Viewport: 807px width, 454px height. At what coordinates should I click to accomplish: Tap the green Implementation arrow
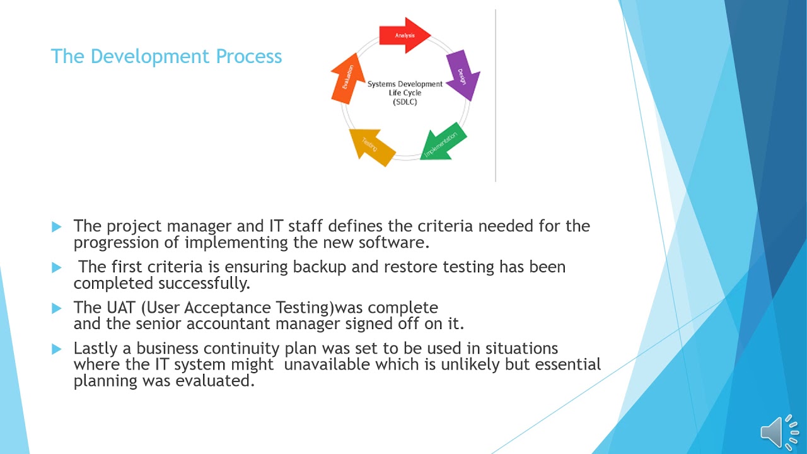pos(443,143)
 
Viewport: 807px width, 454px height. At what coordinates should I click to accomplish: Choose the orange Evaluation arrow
pos(347,79)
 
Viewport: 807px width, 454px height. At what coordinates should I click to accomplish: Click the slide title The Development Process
pos(166,56)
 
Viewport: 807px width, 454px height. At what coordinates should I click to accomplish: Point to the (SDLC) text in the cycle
pos(405,102)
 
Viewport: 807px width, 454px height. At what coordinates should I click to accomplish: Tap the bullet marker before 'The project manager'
pos(57,226)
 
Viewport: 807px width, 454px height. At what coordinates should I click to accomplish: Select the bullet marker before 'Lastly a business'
pos(57,349)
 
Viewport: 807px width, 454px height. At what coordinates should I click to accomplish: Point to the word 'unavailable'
pos(327,364)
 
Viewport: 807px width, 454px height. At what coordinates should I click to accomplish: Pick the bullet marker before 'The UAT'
pos(57,308)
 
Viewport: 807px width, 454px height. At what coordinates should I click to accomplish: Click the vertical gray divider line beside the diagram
pos(496,95)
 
